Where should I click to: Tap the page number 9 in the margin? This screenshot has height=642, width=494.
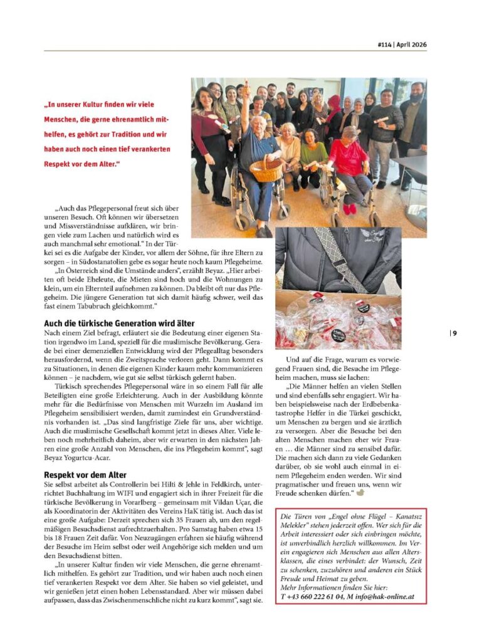tap(455, 333)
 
